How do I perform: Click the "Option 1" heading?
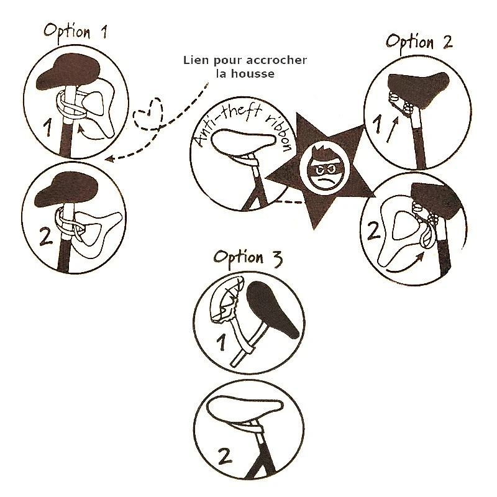(75, 32)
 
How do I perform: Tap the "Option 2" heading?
(419, 42)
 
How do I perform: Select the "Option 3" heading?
(248, 258)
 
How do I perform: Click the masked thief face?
(324, 168)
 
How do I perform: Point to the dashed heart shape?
(148, 114)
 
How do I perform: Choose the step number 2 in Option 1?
(46, 236)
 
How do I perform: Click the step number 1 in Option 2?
(377, 124)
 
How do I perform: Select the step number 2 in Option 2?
(374, 230)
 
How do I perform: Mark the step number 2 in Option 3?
(226, 457)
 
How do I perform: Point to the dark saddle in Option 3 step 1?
(271, 309)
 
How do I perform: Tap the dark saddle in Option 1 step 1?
(69, 72)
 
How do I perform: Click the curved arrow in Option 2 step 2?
(406, 265)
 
